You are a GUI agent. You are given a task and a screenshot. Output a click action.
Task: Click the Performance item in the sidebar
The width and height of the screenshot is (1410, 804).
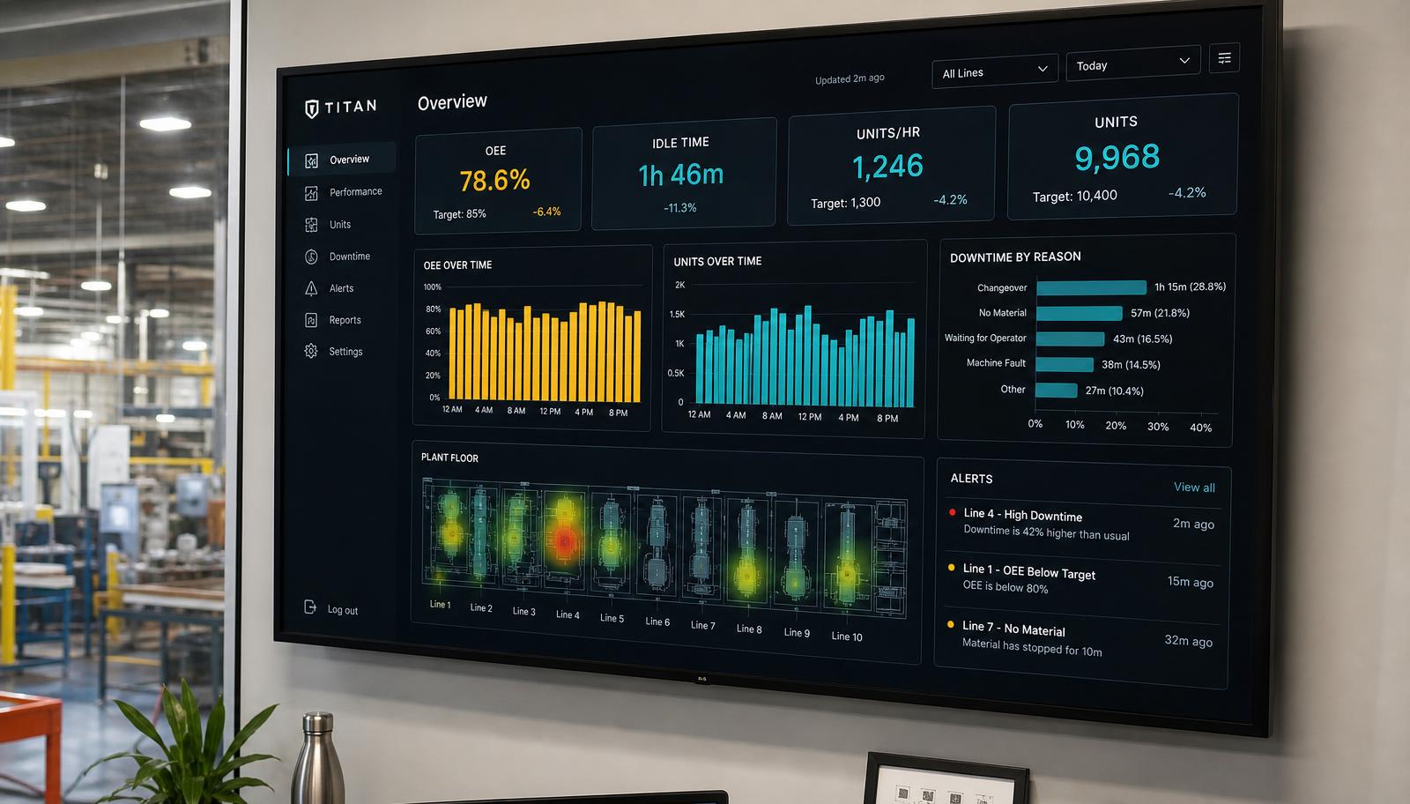[344, 192]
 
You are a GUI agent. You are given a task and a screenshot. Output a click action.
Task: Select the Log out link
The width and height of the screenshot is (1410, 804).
[331, 608]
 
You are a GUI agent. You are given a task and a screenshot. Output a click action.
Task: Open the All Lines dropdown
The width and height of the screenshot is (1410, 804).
[995, 71]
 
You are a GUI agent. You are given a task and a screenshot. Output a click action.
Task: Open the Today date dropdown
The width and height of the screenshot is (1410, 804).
[1133, 63]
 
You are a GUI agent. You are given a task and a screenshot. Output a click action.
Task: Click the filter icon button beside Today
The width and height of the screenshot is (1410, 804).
[1224, 58]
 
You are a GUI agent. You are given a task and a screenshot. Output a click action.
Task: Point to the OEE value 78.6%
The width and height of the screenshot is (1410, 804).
[494, 181]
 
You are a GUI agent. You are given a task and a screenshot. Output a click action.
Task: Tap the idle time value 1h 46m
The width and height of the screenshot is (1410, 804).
[681, 175]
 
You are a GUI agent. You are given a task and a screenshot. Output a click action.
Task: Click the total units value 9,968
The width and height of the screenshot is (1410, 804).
[1117, 157]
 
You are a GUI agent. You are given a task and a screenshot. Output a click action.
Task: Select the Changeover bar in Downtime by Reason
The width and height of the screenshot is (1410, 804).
[1092, 287]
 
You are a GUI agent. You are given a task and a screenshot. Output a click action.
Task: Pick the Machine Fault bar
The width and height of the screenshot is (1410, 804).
[1065, 365]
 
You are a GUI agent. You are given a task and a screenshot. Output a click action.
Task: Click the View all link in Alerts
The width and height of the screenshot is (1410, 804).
[1194, 488]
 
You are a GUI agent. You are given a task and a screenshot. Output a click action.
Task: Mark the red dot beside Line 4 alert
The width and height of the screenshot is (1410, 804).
[953, 512]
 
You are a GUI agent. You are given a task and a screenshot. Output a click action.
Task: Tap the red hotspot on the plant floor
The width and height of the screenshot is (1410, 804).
[565, 541]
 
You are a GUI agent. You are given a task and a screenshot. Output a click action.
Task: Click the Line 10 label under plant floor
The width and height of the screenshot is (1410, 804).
[847, 636]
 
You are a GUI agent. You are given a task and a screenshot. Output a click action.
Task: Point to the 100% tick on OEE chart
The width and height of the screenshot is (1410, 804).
[433, 287]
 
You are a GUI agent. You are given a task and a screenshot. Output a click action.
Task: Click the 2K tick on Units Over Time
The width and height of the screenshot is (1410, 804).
[679, 286]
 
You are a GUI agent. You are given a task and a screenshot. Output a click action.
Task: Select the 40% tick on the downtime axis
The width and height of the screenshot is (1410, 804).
[1200, 428]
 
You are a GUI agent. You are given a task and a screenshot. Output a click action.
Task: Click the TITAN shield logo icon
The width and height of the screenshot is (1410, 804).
[312, 109]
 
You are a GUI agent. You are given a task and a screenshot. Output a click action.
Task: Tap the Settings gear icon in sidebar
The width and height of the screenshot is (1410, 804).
[311, 351]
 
